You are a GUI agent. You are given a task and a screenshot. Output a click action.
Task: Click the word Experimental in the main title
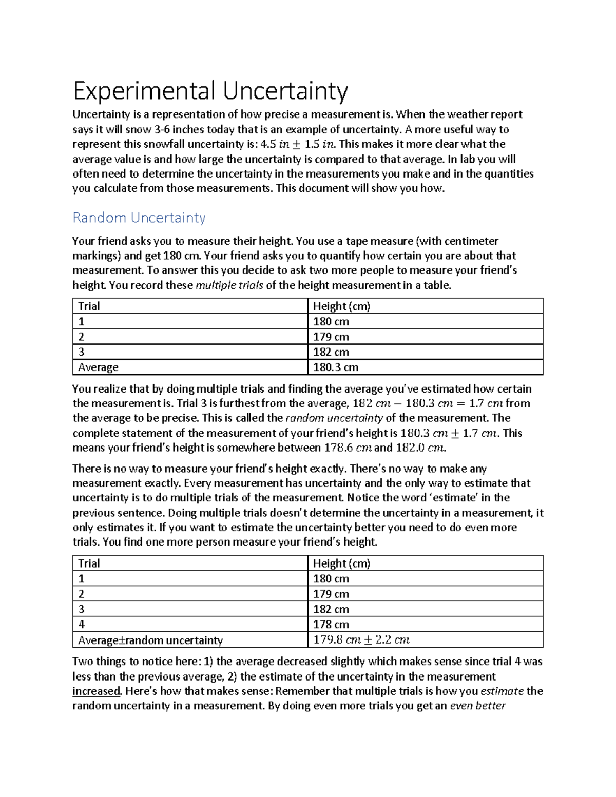click(144, 92)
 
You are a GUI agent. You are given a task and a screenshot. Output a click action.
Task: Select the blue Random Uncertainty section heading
click(139, 218)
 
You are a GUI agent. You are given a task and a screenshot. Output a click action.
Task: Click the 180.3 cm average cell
click(336, 367)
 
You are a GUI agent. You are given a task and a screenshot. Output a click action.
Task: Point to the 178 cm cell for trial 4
click(331, 625)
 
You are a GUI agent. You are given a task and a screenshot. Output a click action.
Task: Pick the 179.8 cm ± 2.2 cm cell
click(361, 640)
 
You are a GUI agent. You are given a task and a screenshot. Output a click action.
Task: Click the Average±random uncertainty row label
click(150, 640)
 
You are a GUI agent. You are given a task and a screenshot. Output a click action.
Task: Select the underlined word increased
click(97, 691)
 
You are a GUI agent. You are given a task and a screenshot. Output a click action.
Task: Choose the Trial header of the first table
click(89, 306)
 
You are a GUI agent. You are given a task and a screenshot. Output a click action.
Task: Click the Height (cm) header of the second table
click(341, 563)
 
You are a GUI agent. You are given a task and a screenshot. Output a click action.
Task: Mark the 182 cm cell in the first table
click(331, 352)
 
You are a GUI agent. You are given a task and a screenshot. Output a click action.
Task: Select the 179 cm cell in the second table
click(331, 594)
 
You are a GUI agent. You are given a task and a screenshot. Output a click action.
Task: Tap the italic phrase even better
click(477, 706)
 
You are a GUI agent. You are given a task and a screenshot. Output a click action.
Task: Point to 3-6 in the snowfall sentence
click(162, 129)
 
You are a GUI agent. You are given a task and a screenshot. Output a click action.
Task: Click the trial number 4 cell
click(82, 625)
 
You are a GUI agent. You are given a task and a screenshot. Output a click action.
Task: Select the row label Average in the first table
click(98, 367)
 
